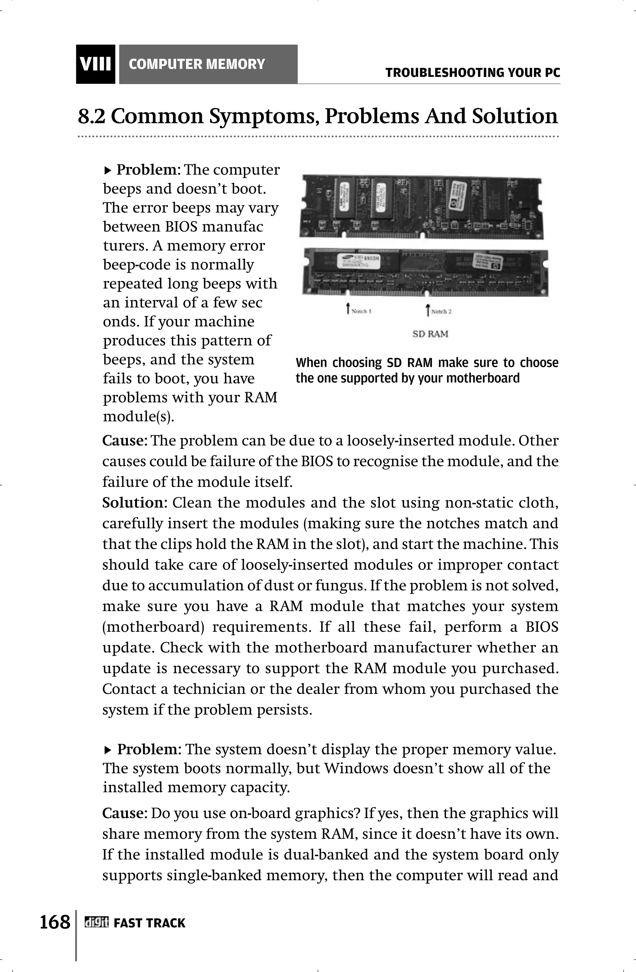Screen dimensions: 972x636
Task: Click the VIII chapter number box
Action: (x=95, y=65)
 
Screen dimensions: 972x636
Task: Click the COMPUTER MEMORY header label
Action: (x=197, y=65)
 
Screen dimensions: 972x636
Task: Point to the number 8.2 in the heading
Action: (x=92, y=117)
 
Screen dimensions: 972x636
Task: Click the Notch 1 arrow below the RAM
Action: (x=348, y=309)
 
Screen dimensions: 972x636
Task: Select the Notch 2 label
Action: (x=441, y=312)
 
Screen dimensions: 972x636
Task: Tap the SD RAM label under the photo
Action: (x=430, y=334)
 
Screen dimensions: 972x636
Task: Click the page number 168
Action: (x=55, y=922)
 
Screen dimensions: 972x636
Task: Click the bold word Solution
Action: (x=132, y=502)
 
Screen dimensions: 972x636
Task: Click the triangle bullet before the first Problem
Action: (x=107, y=170)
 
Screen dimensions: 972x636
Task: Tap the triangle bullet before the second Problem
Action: (x=107, y=750)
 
